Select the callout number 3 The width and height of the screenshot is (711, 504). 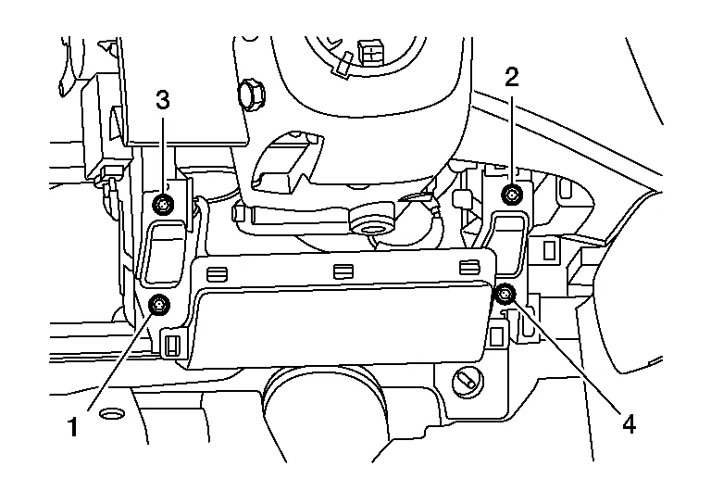163,100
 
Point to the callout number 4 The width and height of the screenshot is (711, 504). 629,424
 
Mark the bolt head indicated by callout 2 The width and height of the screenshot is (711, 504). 512,194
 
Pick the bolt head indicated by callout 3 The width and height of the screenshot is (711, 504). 164,204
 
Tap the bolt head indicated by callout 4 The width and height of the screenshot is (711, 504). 505,295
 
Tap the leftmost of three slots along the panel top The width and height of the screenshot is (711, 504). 217,272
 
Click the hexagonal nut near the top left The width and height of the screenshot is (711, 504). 248,94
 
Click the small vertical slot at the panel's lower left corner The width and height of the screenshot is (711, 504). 171,346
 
